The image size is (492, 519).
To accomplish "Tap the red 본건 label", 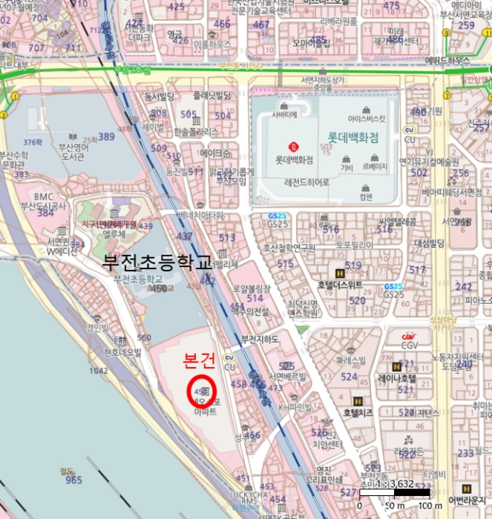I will coord(199,360).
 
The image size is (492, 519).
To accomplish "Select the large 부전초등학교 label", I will coord(157,262).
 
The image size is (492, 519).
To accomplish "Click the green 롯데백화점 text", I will coord(352,137).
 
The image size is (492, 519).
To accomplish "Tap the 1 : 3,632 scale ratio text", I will coord(395,483).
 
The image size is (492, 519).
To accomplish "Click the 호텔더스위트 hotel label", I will coord(339,285).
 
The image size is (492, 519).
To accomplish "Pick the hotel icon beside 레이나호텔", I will coord(396,366).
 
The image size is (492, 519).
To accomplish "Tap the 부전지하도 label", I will coord(260,340).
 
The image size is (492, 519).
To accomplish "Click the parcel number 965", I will coord(73,480).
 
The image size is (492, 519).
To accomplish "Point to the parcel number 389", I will coord(107,136).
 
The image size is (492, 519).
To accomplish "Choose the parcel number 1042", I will coord(98,370).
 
